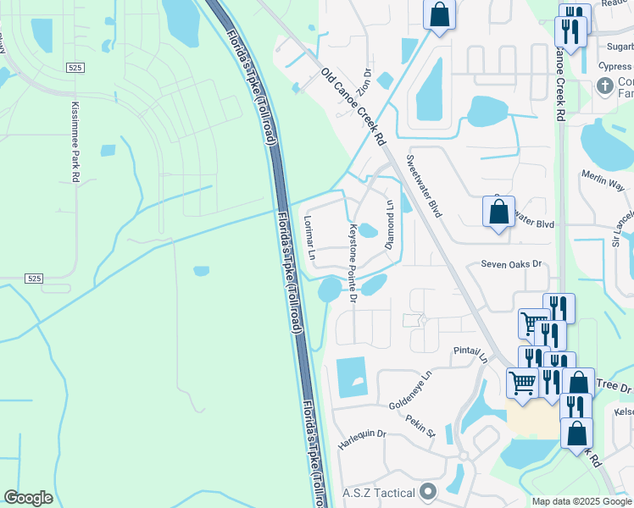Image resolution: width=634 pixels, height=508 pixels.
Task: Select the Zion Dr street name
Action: [365, 81]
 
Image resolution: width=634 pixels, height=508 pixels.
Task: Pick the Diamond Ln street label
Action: [391, 225]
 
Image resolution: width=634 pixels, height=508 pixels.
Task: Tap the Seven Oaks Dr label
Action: [510, 264]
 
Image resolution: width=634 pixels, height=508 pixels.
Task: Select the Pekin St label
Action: [420, 426]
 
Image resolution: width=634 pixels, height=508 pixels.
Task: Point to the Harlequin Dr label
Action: [362, 439]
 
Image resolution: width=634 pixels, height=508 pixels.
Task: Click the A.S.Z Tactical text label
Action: [378, 492]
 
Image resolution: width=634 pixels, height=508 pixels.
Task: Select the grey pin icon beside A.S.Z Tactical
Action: [427, 492]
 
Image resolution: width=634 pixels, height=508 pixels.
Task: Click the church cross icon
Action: [604, 86]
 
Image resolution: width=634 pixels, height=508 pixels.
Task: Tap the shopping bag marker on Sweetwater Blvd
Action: [498, 212]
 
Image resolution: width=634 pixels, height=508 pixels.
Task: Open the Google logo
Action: [28, 498]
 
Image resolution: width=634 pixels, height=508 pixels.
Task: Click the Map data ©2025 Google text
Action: [581, 501]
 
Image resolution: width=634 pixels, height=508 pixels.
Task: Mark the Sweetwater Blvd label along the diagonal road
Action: [424, 186]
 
